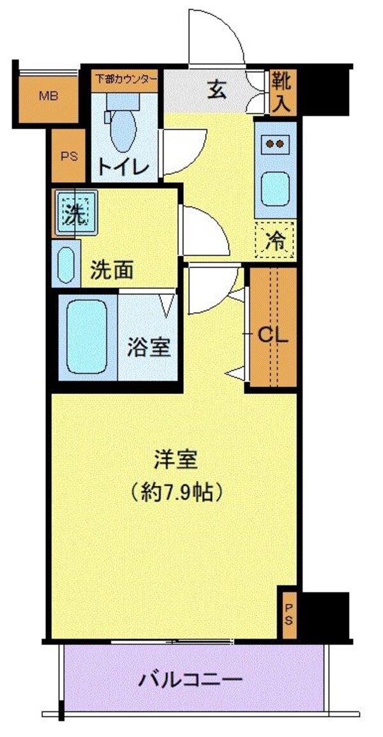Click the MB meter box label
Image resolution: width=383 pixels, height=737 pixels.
point(48,96)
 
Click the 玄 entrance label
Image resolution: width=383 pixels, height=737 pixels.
point(216,90)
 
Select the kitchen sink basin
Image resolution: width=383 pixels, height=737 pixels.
point(276,188)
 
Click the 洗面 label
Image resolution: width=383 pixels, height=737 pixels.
point(112,271)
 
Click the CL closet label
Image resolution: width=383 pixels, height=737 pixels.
point(273,335)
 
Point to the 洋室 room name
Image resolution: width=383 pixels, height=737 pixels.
point(175,459)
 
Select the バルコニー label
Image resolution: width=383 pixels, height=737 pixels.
point(191,678)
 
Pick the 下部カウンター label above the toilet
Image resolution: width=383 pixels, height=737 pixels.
point(126,79)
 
